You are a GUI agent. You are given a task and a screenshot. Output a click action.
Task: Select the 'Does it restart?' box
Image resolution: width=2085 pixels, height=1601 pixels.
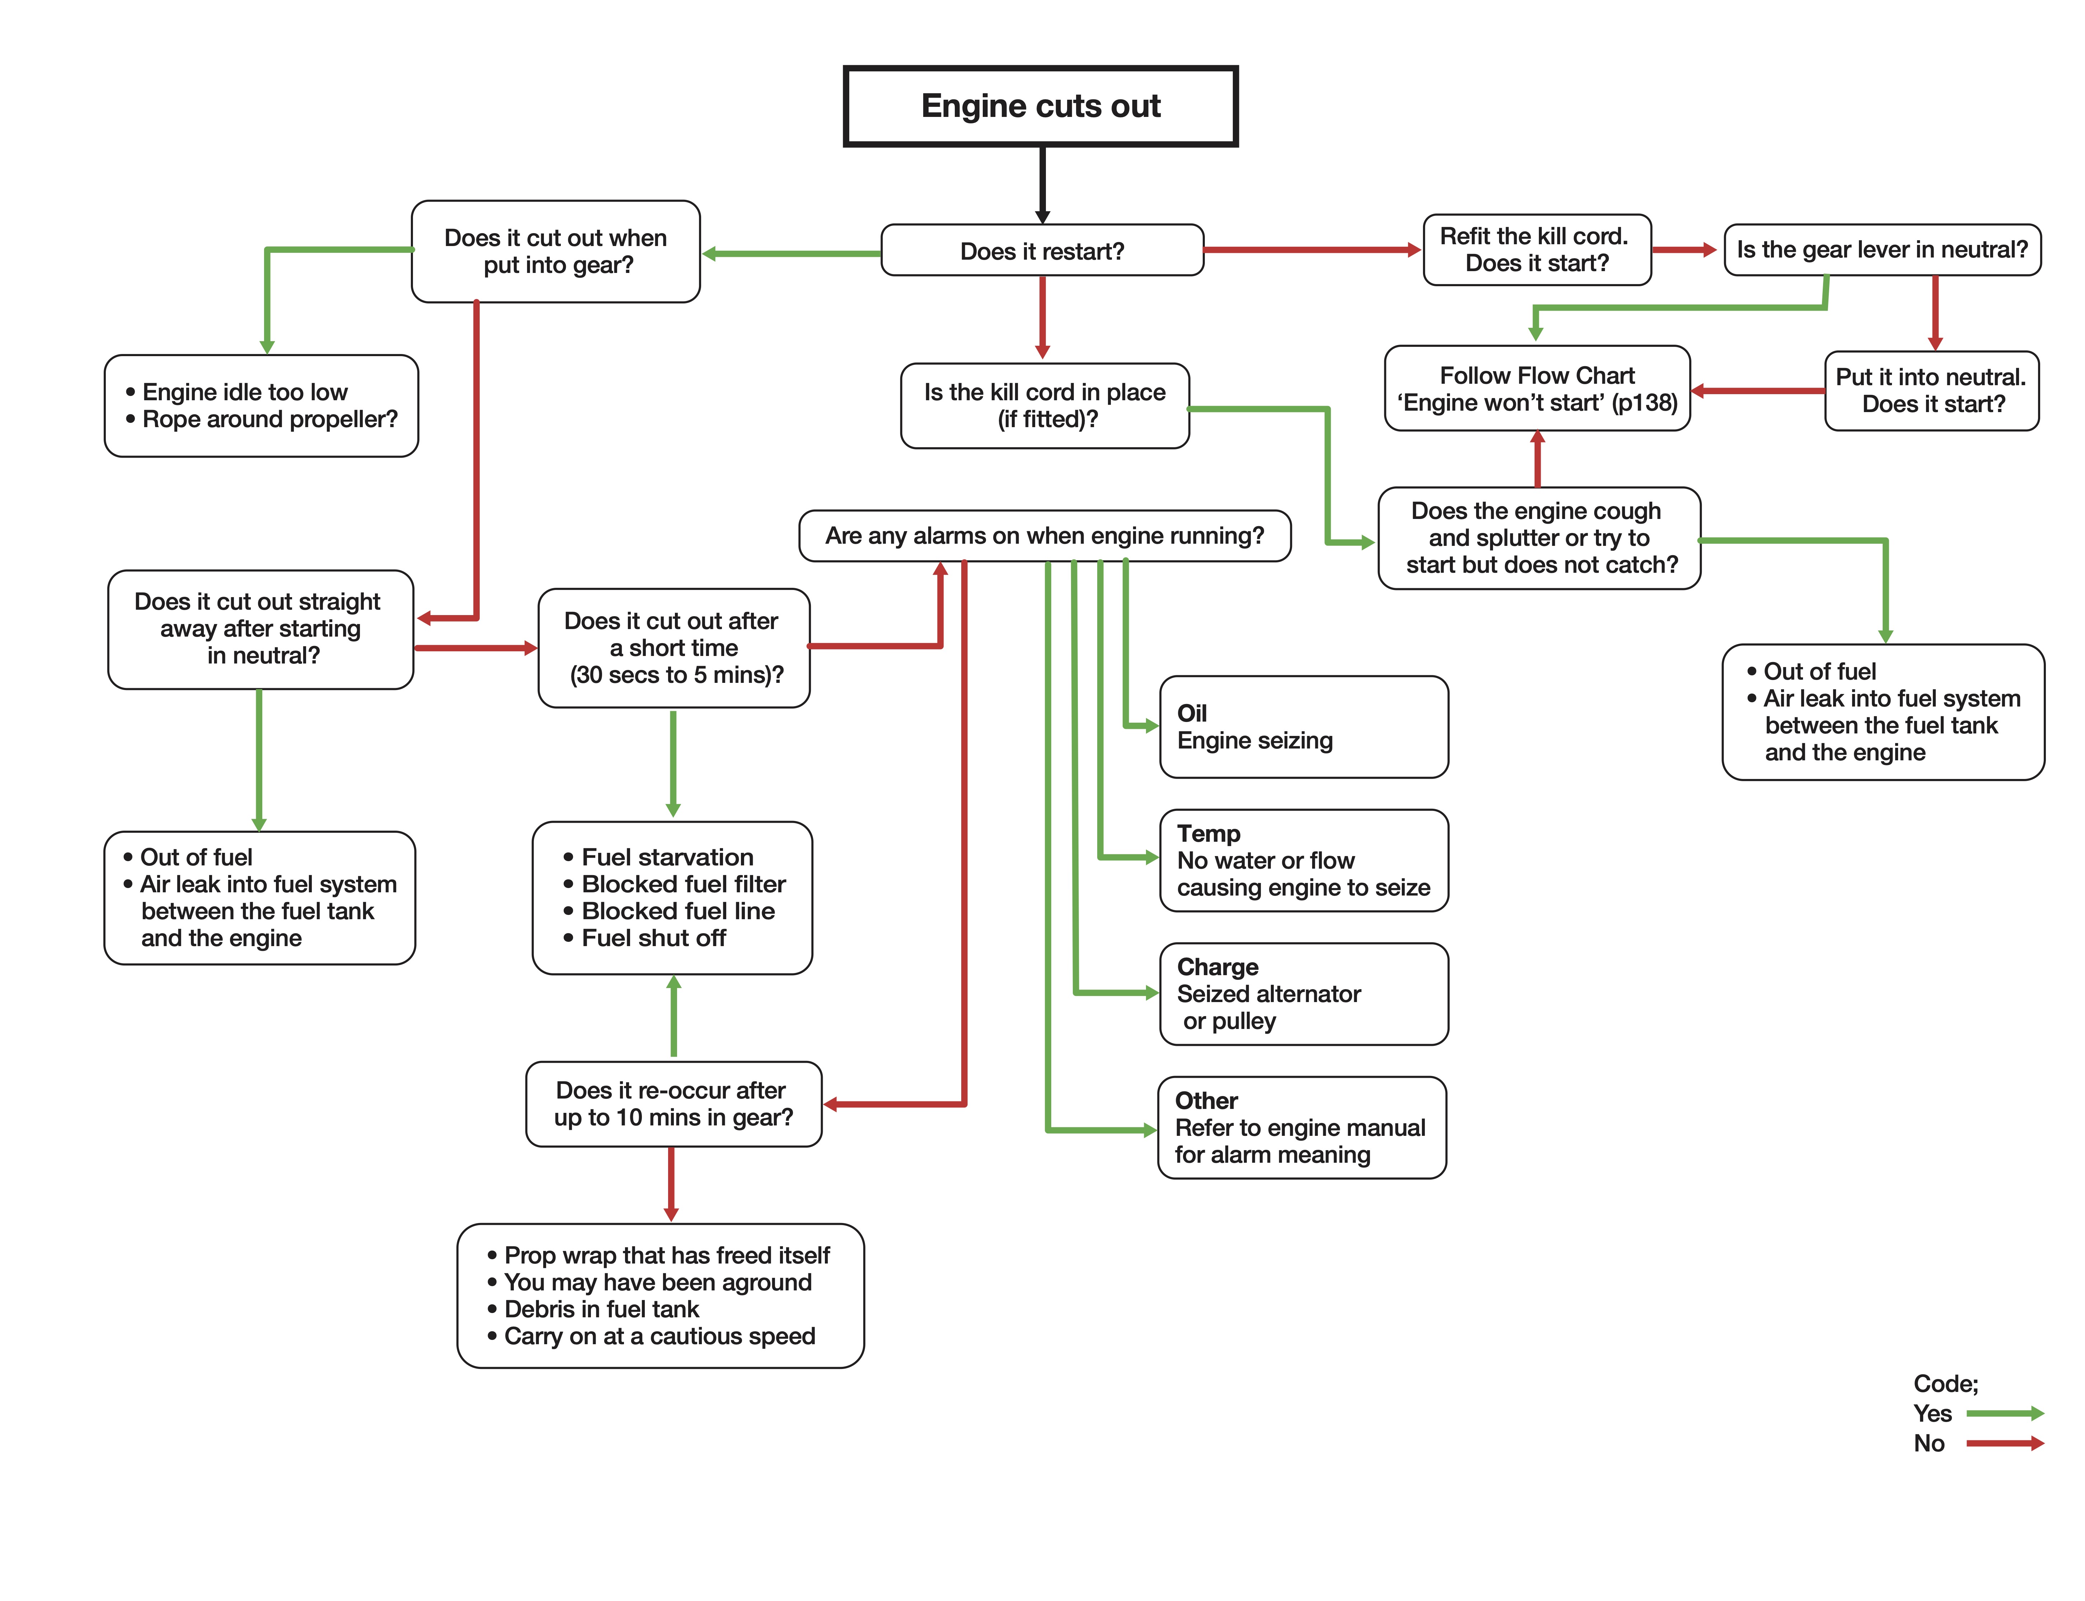click(x=1042, y=251)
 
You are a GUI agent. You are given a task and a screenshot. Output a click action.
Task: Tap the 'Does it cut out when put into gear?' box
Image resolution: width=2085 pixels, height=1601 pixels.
click(x=556, y=251)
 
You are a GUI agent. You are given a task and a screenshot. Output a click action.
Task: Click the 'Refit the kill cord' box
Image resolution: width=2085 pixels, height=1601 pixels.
click(x=1537, y=250)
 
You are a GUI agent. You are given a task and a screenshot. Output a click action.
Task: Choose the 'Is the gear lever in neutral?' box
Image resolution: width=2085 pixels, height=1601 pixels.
click(x=1882, y=250)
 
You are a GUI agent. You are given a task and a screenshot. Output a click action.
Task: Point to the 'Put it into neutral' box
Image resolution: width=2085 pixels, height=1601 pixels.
click(x=1931, y=391)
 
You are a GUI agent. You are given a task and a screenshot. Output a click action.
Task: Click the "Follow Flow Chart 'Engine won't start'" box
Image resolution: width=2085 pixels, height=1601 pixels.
click(x=1537, y=389)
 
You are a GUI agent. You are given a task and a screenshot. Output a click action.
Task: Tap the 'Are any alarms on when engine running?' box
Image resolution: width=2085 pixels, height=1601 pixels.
click(x=1045, y=535)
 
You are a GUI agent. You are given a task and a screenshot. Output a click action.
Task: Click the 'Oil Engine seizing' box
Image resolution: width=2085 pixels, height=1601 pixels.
click(x=1303, y=727)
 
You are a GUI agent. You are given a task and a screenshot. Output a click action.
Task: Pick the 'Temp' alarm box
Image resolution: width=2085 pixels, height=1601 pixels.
click(x=1303, y=860)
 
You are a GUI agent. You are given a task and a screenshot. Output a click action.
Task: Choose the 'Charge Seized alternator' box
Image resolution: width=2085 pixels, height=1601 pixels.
click(x=1303, y=994)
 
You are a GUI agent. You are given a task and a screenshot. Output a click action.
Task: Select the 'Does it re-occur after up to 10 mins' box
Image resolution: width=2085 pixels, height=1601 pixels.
click(x=673, y=1104)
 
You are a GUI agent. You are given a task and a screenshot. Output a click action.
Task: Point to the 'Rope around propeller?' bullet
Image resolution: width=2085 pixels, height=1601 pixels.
click(x=261, y=419)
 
